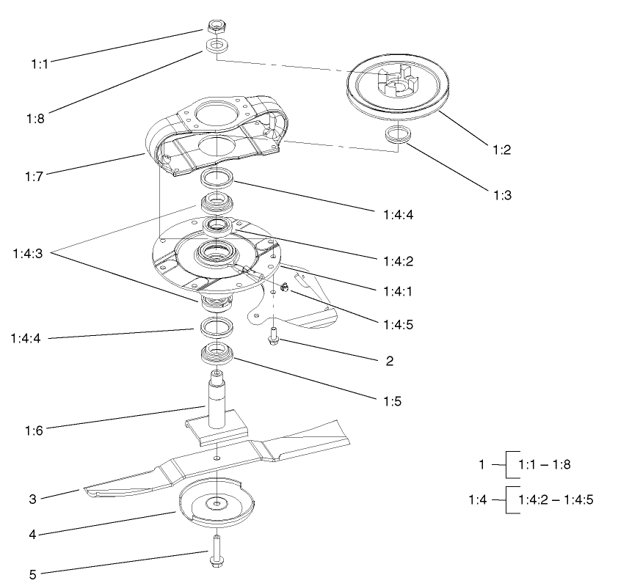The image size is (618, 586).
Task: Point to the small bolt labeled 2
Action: pos(273,337)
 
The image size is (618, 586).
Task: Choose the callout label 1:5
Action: pos(390,402)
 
